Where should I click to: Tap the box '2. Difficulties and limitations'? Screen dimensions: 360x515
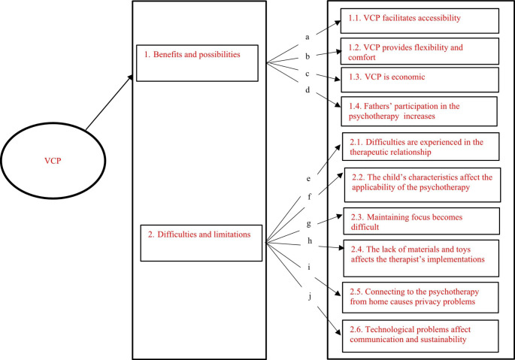204,241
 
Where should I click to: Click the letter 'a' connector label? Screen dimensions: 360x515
307,36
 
